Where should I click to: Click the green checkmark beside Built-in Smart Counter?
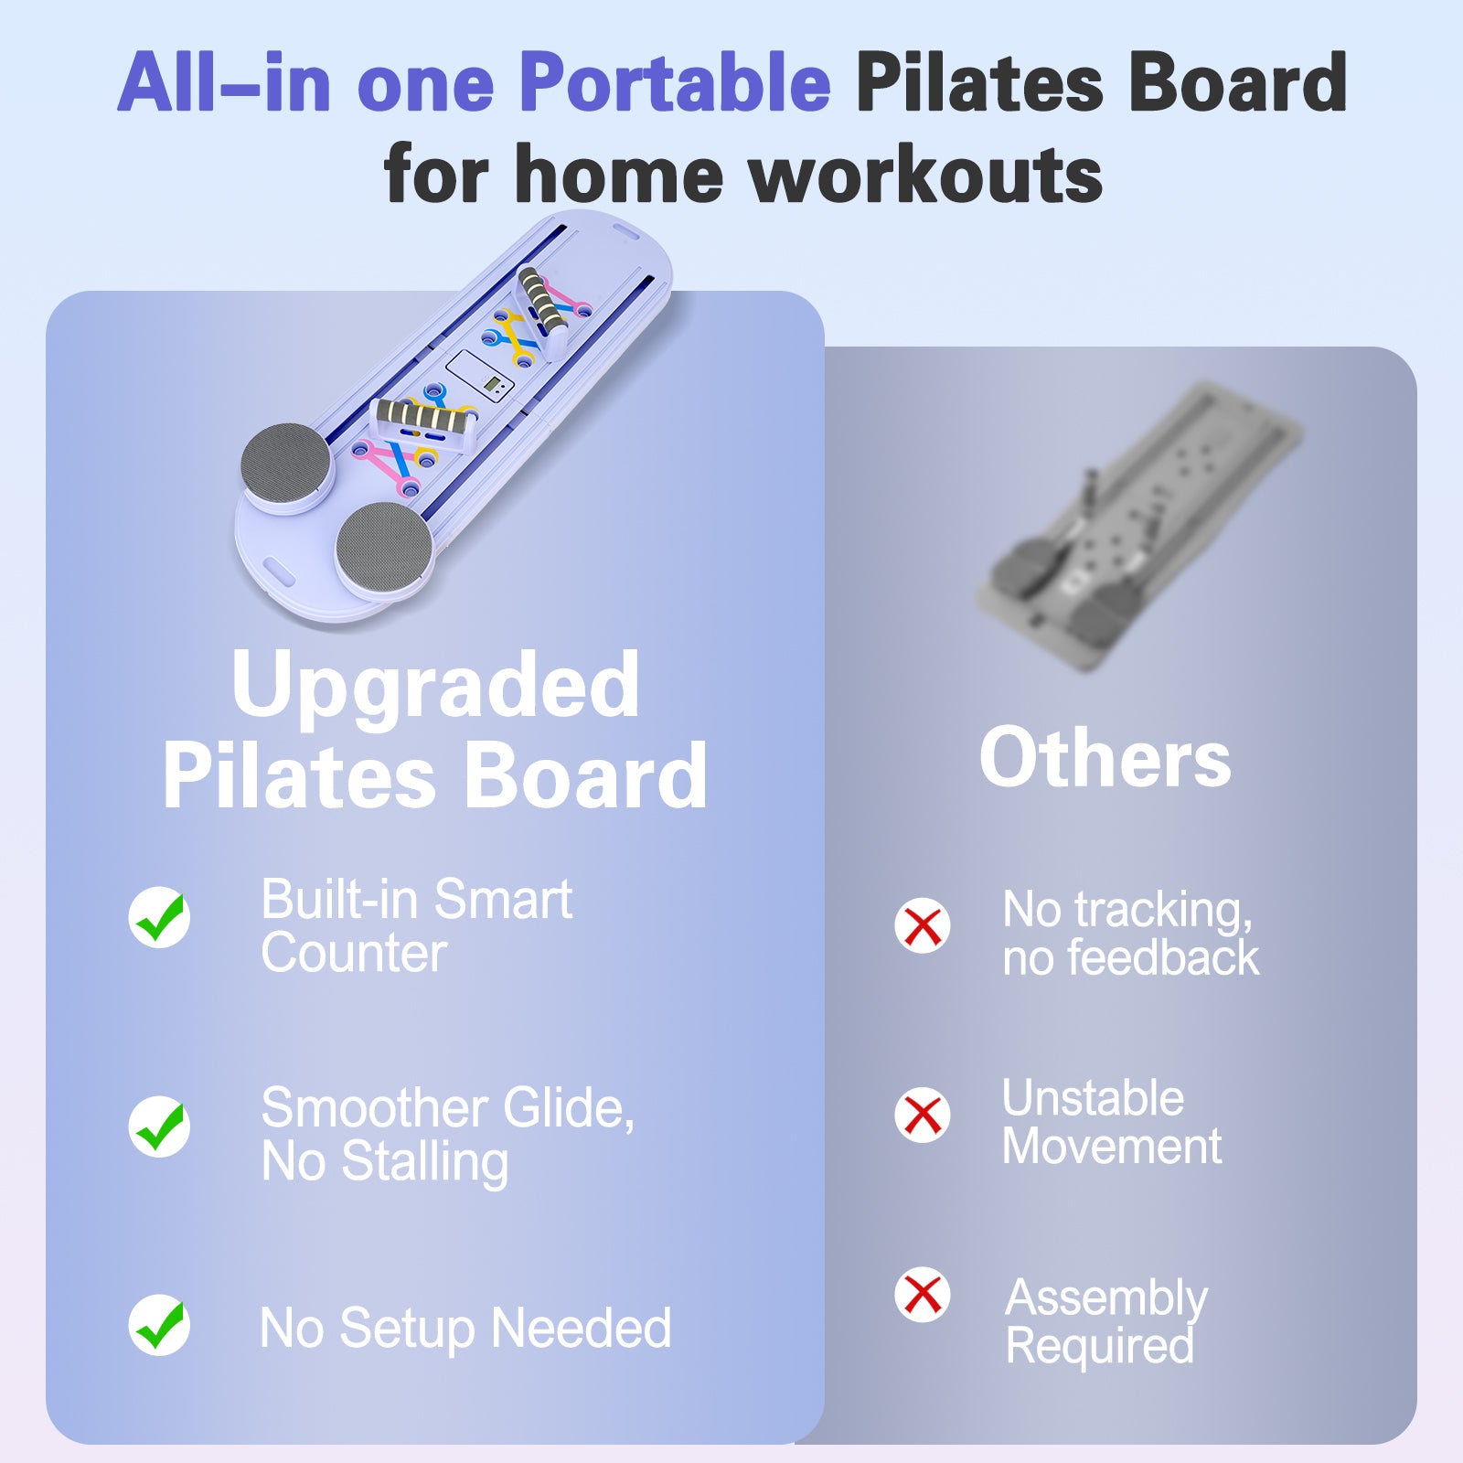coord(159,916)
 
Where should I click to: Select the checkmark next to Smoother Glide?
coord(159,1126)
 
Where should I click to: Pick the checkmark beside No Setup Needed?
coord(159,1324)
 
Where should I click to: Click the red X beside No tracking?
coord(923,925)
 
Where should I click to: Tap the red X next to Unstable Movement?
coord(923,1115)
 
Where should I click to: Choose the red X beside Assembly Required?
coord(923,1294)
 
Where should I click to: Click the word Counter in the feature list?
coord(354,953)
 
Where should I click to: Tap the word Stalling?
coord(424,1164)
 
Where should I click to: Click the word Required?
coord(1100,1346)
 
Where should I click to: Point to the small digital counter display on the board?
coord(495,386)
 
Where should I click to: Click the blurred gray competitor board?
coord(1138,526)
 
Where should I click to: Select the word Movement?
coord(1112,1146)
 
